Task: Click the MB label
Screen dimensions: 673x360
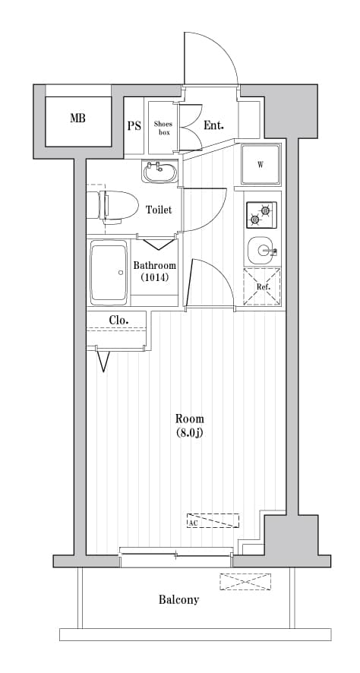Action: [x=77, y=118]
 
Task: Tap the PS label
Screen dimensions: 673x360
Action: [x=134, y=125]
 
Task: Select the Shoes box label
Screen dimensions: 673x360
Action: [x=163, y=128]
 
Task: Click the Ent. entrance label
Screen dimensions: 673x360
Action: [x=213, y=125]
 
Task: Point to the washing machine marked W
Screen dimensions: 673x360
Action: [x=261, y=164]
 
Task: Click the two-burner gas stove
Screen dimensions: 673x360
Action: [x=261, y=214]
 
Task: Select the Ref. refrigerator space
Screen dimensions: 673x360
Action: [x=261, y=286]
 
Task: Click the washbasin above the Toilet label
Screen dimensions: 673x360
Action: [x=159, y=172]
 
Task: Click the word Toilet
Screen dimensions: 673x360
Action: [x=159, y=210]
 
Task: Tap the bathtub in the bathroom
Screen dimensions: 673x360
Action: [x=109, y=272]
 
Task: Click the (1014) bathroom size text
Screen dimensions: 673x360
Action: [x=154, y=278]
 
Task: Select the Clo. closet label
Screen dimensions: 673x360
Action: [x=118, y=320]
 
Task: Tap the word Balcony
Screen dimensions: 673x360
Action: [x=178, y=599]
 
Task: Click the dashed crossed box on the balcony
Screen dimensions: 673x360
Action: [x=245, y=582]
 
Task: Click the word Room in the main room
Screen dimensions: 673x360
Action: [x=189, y=419]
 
